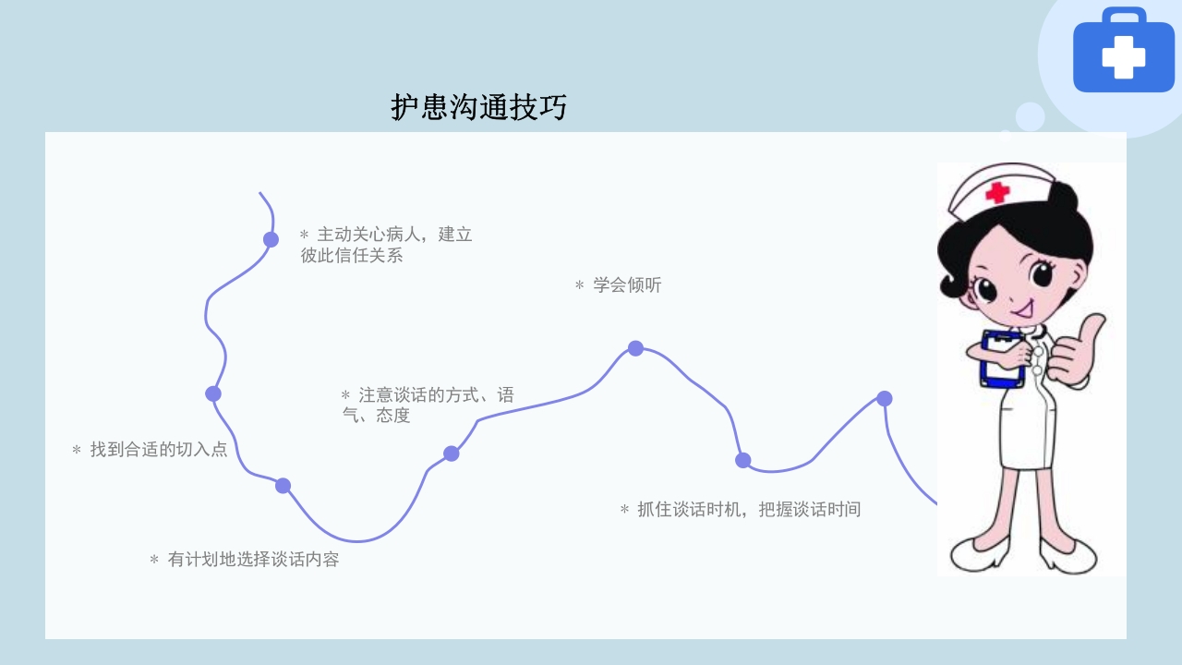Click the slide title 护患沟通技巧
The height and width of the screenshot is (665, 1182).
478,107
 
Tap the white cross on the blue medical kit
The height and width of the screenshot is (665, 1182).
1123,57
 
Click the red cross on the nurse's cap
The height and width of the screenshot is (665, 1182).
996,192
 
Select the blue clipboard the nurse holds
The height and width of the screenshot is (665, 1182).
1002,358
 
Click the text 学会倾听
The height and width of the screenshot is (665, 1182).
618,285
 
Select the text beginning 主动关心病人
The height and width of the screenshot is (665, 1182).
386,245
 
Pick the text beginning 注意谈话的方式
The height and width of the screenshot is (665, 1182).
428,405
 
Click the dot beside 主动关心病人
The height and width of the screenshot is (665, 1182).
271,239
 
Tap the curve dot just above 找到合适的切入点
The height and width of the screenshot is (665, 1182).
213,393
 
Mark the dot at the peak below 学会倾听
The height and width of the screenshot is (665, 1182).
635,348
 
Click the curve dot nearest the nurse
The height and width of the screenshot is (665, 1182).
884,398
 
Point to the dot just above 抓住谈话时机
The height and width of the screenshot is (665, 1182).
743,460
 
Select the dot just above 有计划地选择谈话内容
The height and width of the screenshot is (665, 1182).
283,486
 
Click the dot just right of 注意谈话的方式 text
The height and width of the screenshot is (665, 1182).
451,453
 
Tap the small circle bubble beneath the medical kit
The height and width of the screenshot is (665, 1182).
1030,116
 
